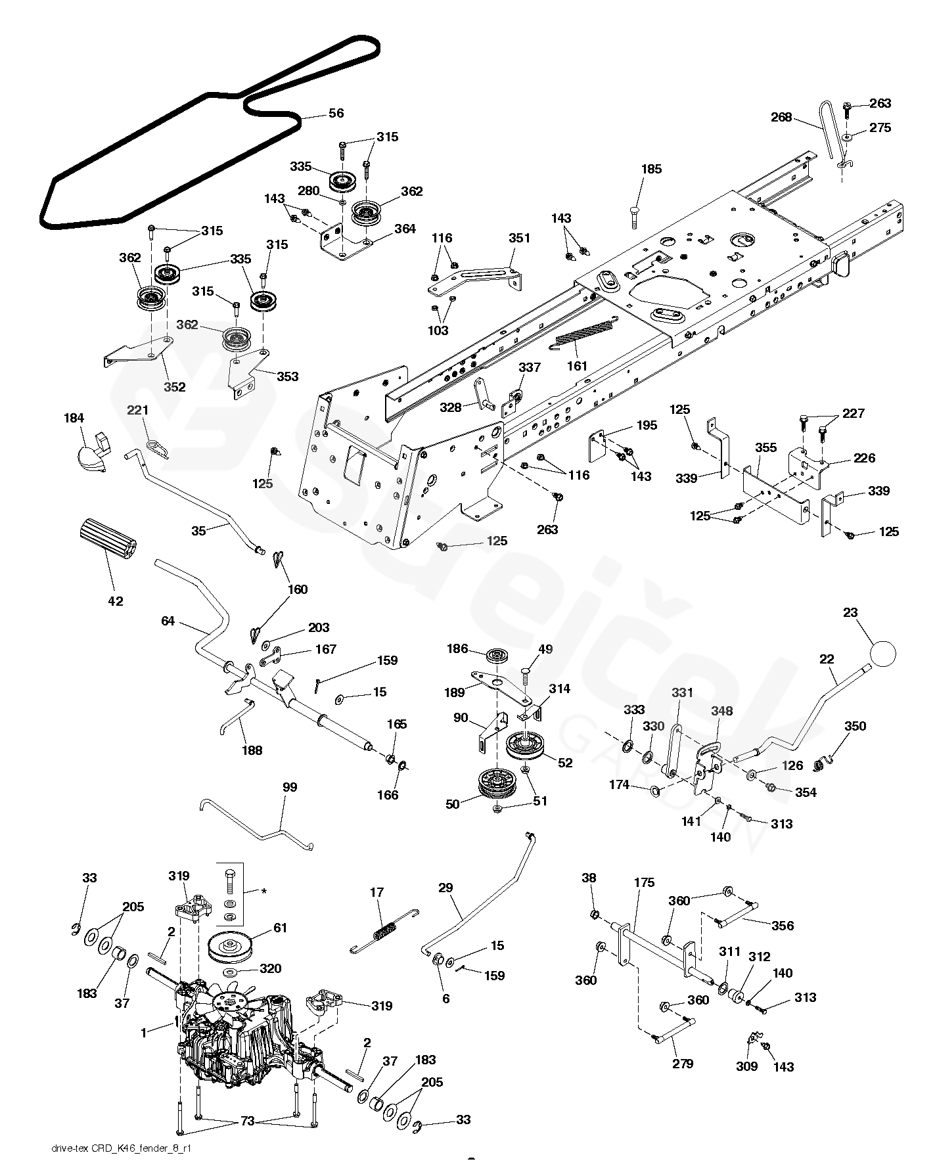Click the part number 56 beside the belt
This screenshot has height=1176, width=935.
(x=336, y=113)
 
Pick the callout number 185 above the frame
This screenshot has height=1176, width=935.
(x=651, y=169)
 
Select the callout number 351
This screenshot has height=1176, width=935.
(x=519, y=238)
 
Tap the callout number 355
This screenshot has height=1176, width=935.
(x=765, y=447)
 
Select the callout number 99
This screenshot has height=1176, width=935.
(x=290, y=787)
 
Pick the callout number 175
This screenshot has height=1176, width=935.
(x=645, y=882)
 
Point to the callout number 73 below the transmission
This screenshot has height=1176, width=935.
(x=247, y=1121)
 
